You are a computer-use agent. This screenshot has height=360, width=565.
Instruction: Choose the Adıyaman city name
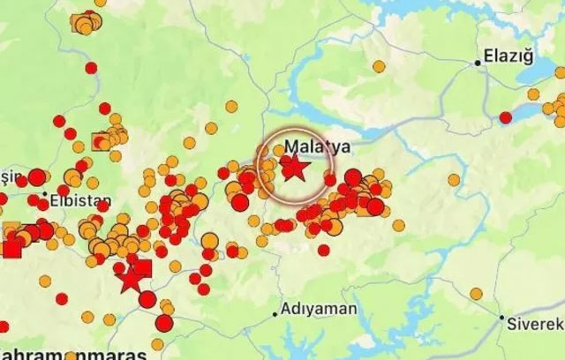tap(320, 310)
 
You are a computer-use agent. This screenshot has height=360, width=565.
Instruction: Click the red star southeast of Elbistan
tap(132, 279)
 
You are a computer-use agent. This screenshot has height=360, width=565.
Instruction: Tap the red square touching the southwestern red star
tap(143, 267)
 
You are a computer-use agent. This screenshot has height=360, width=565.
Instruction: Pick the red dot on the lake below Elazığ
tap(505, 117)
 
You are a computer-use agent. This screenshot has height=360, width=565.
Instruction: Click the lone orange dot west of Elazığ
tap(378, 66)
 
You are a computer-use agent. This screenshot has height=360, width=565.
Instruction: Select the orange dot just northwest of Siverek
tap(476, 293)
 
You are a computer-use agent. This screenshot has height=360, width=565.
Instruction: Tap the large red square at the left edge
tap(11, 248)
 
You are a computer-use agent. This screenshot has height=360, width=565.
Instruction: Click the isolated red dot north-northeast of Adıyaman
tap(323, 250)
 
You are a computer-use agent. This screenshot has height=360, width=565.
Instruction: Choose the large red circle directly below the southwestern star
tap(147, 299)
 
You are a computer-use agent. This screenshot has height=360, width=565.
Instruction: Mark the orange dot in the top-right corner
tap(560, 73)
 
